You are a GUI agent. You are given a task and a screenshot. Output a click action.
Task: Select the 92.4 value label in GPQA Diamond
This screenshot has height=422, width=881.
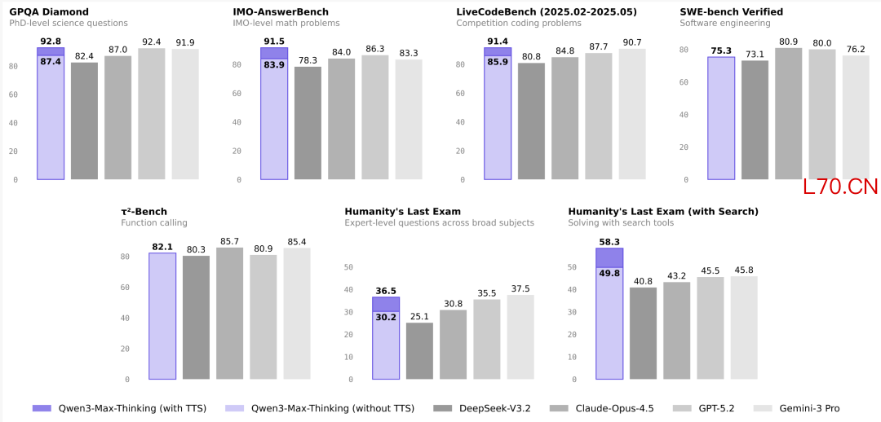pos(151,42)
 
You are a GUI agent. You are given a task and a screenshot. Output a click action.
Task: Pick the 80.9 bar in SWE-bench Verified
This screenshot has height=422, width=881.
pos(789,114)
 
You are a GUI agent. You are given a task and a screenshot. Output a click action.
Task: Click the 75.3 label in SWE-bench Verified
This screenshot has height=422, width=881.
pos(721,51)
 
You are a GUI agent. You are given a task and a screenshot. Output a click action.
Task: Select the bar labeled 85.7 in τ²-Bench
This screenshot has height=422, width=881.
pos(230,314)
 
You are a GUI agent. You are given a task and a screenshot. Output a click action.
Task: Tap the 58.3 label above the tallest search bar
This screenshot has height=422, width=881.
pos(609,242)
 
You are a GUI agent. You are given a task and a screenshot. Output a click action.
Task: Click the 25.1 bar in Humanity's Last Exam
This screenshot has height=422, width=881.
pos(420,351)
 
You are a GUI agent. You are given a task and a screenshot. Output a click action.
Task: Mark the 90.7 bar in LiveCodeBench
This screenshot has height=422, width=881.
pos(632,115)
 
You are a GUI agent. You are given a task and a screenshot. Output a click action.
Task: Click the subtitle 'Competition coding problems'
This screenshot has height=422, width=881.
pos(519,24)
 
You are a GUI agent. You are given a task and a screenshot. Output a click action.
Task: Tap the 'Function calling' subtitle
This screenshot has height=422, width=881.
pos(154,222)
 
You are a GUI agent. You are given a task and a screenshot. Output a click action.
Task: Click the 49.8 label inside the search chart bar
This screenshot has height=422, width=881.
pos(609,273)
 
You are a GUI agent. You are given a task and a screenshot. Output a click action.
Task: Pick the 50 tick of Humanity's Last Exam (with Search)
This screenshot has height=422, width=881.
pos(573,267)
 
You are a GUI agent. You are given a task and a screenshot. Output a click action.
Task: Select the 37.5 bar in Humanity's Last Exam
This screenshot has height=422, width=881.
pos(520,337)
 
